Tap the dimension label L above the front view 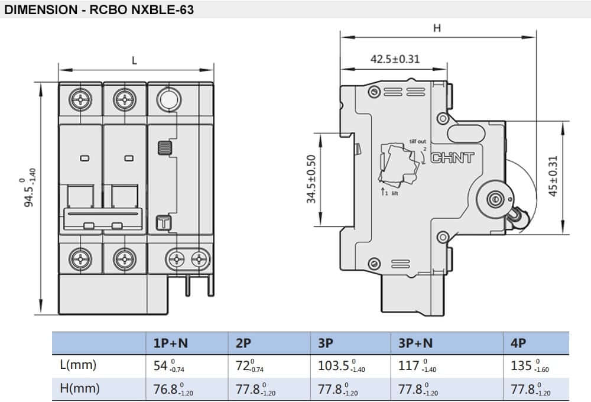[135, 60]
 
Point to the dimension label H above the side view [437, 28]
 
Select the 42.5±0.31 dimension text [395, 59]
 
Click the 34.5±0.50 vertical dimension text [311, 180]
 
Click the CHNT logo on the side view [453, 158]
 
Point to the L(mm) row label [78, 365]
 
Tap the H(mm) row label [79, 388]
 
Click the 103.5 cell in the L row [337, 366]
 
